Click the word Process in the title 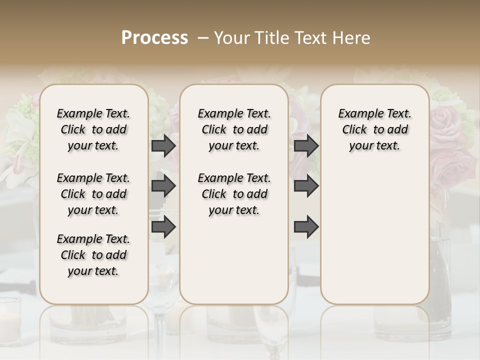click(x=154, y=38)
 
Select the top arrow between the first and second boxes click(x=163, y=146)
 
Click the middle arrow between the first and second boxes click(x=163, y=186)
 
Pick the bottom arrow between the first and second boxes click(x=163, y=227)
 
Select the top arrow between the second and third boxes click(x=306, y=146)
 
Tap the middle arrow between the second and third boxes click(x=306, y=186)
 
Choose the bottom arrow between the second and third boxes click(x=306, y=227)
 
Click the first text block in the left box click(x=93, y=129)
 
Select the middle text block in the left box click(x=93, y=194)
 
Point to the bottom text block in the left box click(x=93, y=255)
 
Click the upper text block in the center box click(x=234, y=129)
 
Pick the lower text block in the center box click(x=234, y=194)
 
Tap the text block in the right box click(x=374, y=129)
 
